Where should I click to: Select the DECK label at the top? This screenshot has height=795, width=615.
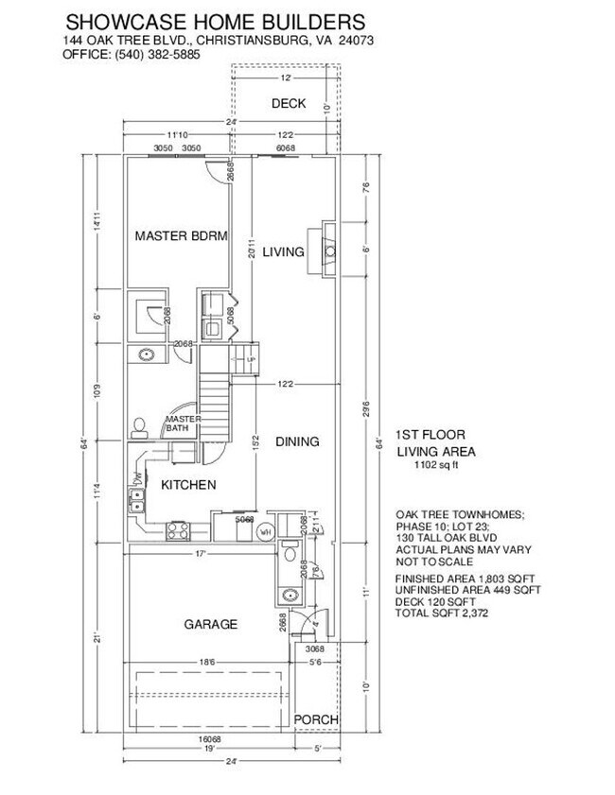tap(288, 103)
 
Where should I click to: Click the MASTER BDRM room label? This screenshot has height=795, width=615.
tap(181, 236)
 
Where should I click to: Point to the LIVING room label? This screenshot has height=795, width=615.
tap(283, 251)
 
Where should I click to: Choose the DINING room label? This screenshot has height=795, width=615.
tap(297, 441)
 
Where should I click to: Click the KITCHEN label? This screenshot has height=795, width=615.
tap(188, 485)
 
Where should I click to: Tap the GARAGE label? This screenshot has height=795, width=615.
tap(210, 624)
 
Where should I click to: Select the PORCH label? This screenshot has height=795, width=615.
tap(315, 720)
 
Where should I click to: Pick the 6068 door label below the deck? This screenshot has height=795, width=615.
tap(284, 148)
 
